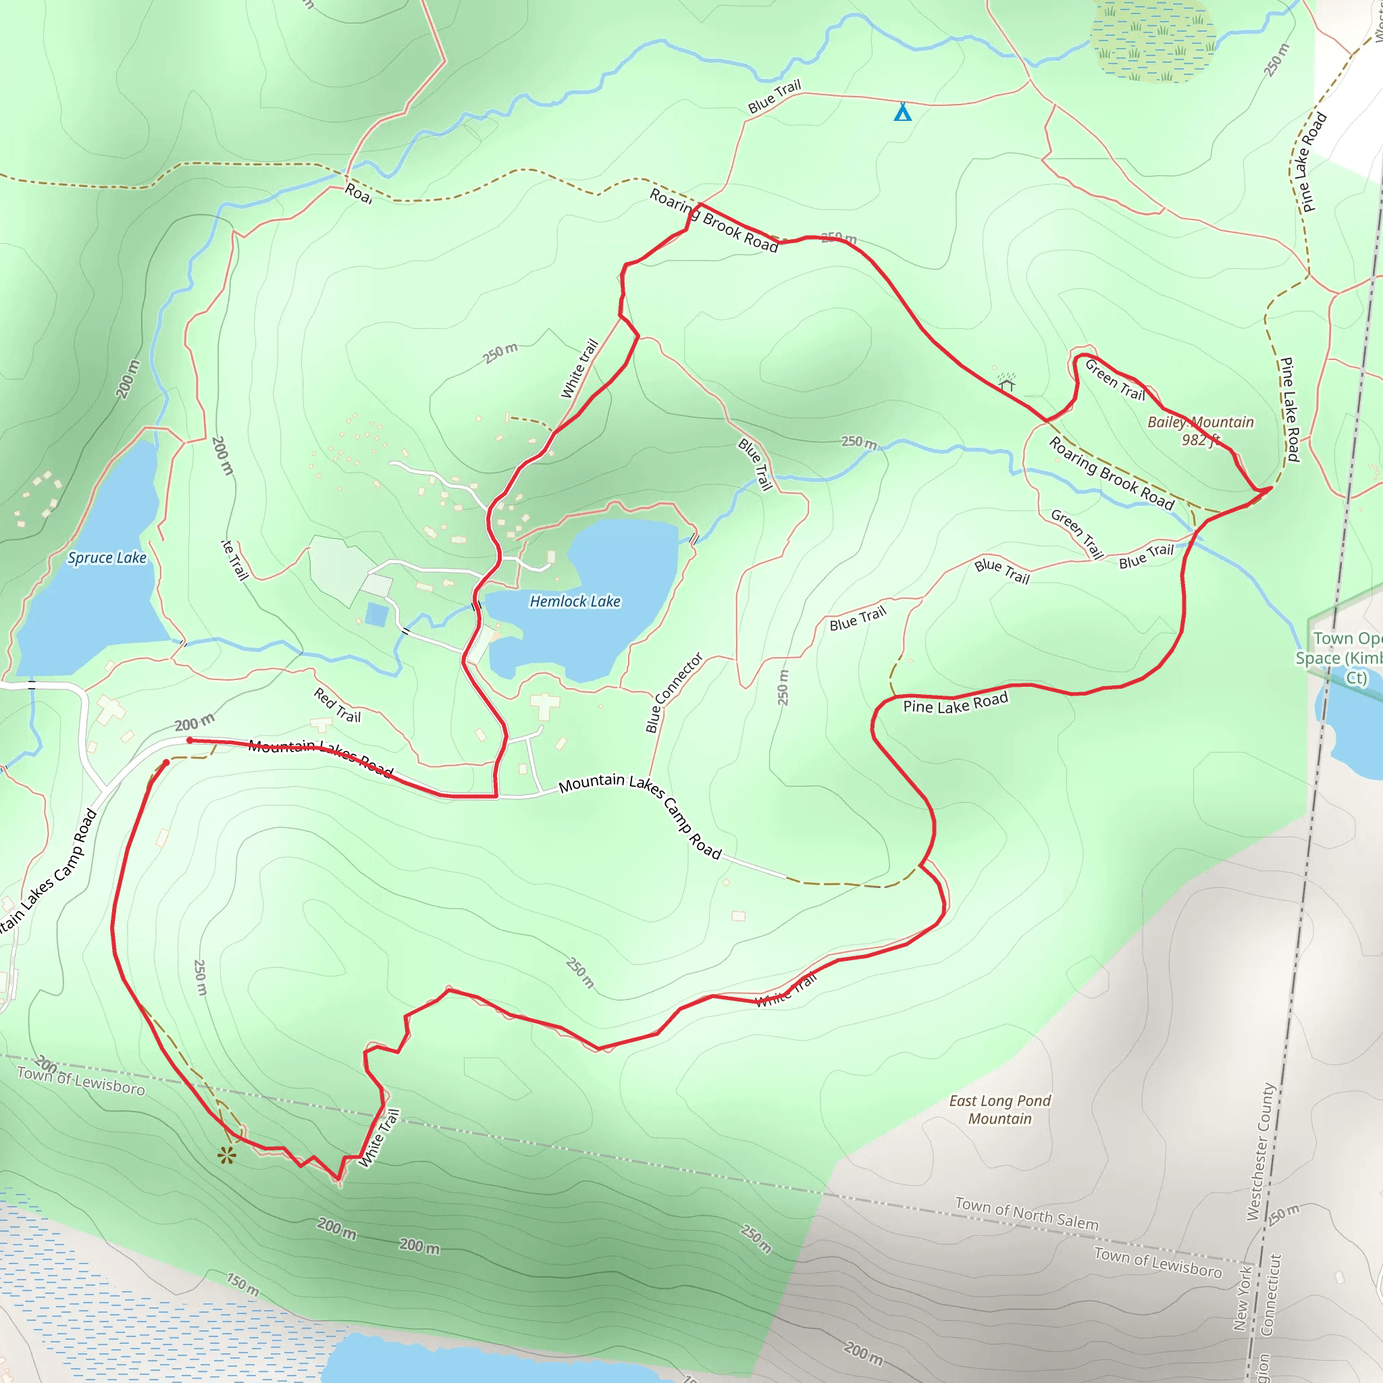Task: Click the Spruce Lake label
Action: [107, 558]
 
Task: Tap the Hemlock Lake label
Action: [575, 601]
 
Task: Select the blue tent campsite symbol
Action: [903, 111]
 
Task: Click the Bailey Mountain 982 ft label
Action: [1201, 431]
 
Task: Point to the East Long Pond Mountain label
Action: [999, 1110]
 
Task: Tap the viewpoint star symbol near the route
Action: [227, 1155]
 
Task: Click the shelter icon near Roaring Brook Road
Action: [1007, 384]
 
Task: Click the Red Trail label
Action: [337, 705]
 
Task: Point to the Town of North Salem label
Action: [1026, 1214]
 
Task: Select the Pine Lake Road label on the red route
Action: [955, 703]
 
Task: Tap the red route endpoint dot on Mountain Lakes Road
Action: [190, 740]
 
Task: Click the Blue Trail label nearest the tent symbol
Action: [774, 97]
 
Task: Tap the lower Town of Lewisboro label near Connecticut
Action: [1157, 1263]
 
